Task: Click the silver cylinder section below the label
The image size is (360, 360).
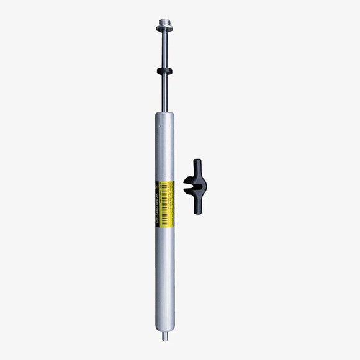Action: point(164,273)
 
